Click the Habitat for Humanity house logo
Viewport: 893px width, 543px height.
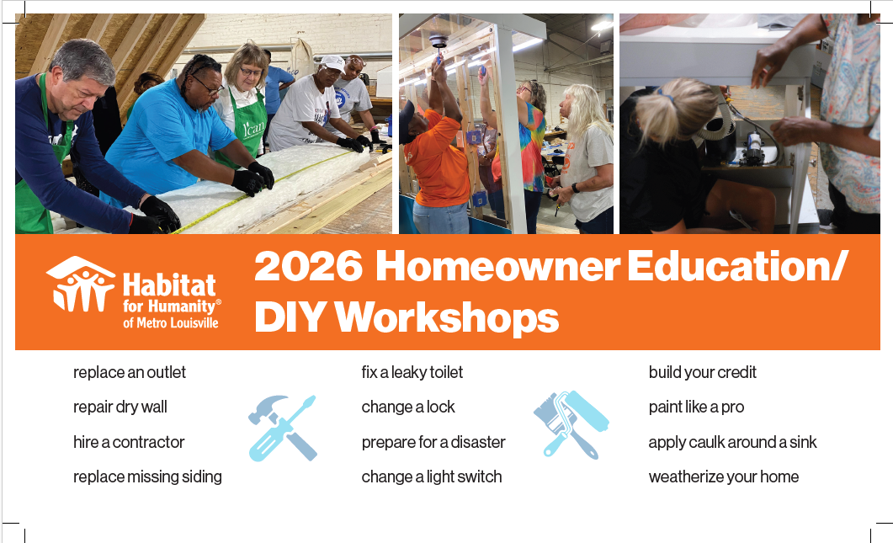coord(80,285)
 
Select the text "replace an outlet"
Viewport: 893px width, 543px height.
coord(130,373)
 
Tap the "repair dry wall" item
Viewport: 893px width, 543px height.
coord(120,407)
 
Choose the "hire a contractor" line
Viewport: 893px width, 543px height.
coord(129,442)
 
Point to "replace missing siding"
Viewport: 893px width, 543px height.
coord(147,476)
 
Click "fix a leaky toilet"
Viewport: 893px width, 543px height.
coord(412,373)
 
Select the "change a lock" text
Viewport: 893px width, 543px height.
coord(407,407)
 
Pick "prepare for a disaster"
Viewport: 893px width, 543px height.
coord(433,442)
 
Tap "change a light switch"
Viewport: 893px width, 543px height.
coord(432,476)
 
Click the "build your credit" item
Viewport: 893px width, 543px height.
coord(702,373)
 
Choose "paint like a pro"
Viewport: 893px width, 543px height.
coord(696,407)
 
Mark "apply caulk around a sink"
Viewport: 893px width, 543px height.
coord(732,442)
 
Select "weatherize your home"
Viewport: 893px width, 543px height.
coord(723,476)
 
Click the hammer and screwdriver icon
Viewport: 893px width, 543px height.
coord(283,428)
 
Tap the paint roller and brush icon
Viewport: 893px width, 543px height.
coord(571,425)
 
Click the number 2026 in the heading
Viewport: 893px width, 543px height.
coord(308,266)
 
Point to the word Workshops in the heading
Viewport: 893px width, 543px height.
coord(447,317)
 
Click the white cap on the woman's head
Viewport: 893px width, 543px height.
coord(331,62)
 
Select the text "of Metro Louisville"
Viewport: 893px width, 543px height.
coord(171,323)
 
